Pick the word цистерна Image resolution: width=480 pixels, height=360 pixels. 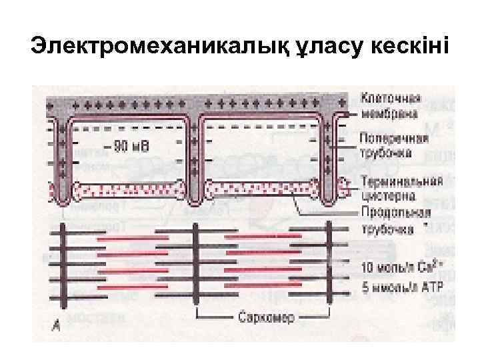pyautogui.click(x=386, y=196)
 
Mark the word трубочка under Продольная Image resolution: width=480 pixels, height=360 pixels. pyautogui.click(x=385, y=229)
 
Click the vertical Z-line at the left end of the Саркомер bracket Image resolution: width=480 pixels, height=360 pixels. pyautogui.click(x=195, y=267)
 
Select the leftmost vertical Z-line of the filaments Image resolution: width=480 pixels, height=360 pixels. pyautogui.click(x=64, y=267)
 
